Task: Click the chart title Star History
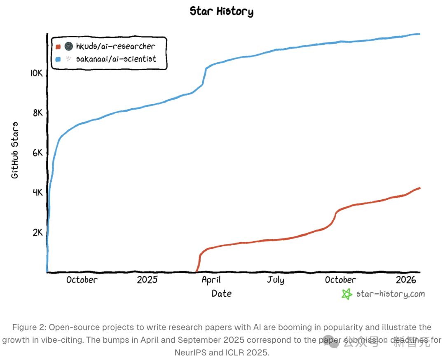tap(221, 11)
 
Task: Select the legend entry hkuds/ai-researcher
tap(115, 46)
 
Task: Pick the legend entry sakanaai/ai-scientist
tap(116, 59)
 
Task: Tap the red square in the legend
tap(58, 46)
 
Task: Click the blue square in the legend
tap(58, 59)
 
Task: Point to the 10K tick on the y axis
tap(36, 73)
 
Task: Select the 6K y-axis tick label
tap(37, 153)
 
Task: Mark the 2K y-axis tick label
tap(37, 232)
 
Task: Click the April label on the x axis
tap(211, 280)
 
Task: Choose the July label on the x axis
tap(275, 280)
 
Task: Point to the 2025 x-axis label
tap(147, 280)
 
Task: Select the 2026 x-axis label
tap(406, 280)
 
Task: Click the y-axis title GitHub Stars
tap(15, 150)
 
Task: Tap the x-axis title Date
tap(221, 294)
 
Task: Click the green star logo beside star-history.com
tap(347, 294)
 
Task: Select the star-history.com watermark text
tap(390, 294)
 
